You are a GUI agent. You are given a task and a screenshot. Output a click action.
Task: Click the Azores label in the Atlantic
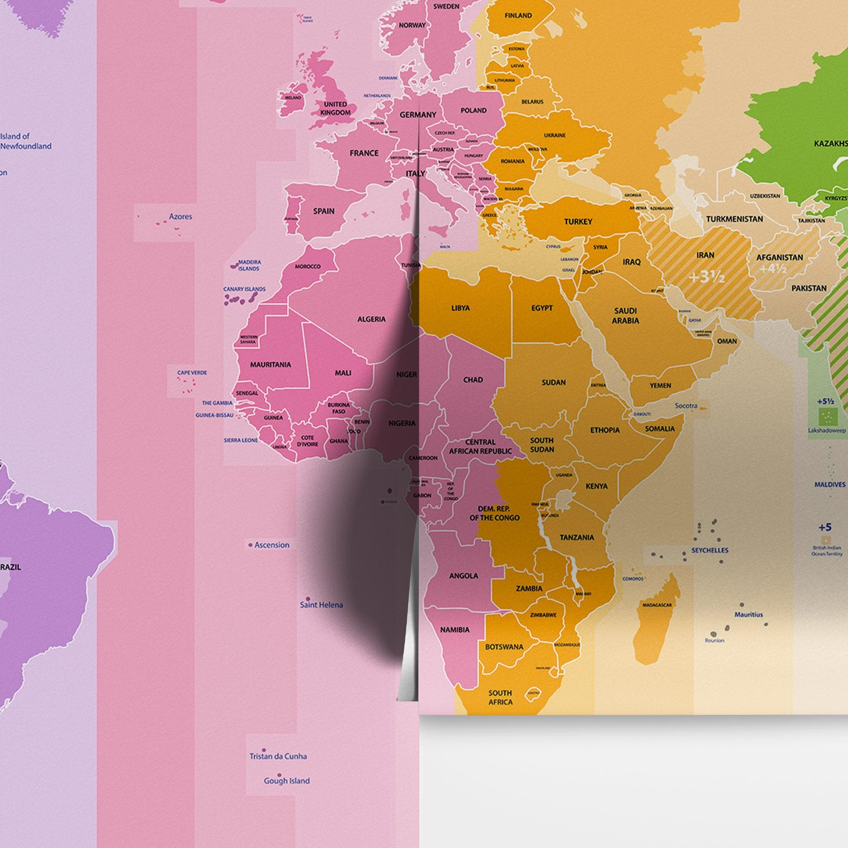180,216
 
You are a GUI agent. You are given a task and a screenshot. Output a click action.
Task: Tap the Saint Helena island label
321,605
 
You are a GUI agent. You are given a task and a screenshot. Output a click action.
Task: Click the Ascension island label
272,545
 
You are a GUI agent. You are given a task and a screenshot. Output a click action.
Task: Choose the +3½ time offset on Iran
706,277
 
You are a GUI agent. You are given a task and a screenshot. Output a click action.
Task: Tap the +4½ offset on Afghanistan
773,269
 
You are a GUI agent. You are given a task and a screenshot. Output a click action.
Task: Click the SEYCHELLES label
710,550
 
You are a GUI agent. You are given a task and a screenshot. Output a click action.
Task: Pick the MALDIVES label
830,485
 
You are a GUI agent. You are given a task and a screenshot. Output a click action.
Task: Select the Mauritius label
749,615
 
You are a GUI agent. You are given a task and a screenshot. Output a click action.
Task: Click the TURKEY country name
578,222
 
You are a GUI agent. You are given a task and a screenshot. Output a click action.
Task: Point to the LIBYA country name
460,308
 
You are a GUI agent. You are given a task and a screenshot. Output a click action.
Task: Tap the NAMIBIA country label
455,630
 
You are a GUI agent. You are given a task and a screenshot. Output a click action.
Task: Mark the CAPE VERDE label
192,373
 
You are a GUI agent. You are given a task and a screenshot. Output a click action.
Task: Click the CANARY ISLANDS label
245,289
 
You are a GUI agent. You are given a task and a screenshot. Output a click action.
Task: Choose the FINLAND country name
518,15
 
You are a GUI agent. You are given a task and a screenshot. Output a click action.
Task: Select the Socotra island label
686,406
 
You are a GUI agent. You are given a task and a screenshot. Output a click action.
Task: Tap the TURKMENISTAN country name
734,219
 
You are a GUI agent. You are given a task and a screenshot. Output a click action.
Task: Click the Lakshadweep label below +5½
826,431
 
